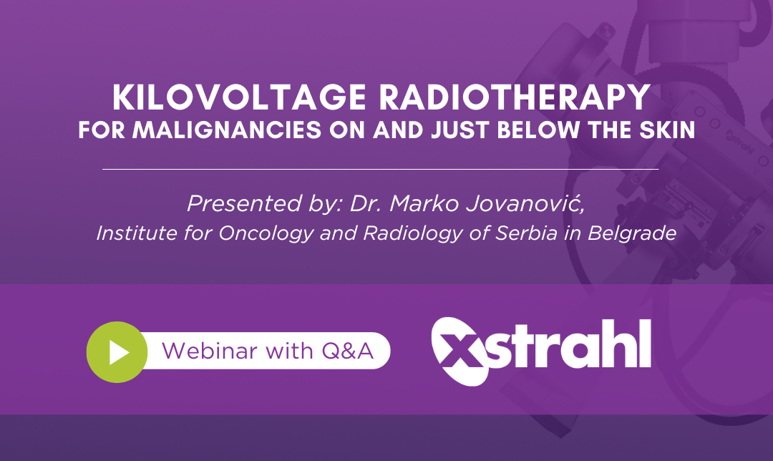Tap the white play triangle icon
click(120, 351)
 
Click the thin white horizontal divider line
click(380, 169)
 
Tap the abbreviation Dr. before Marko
click(368, 203)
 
